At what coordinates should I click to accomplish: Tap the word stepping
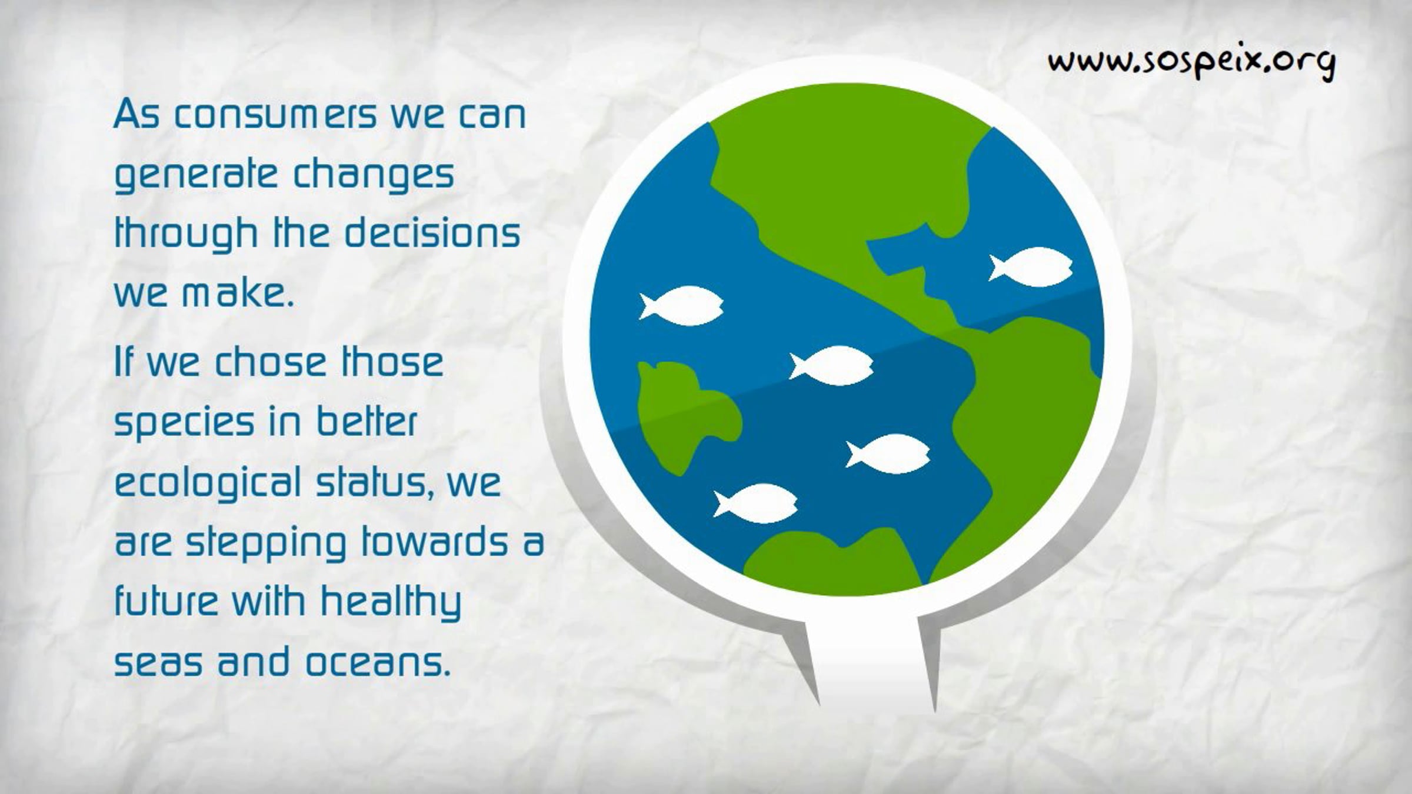pos(267,544)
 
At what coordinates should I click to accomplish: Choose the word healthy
pos(391,603)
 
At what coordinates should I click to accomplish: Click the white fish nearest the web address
pos(1030,267)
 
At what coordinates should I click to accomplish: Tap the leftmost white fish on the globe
pos(681,306)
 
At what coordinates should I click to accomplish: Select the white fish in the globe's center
pos(831,366)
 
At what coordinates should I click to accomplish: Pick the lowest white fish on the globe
pos(755,503)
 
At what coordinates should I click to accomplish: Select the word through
pos(186,234)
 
